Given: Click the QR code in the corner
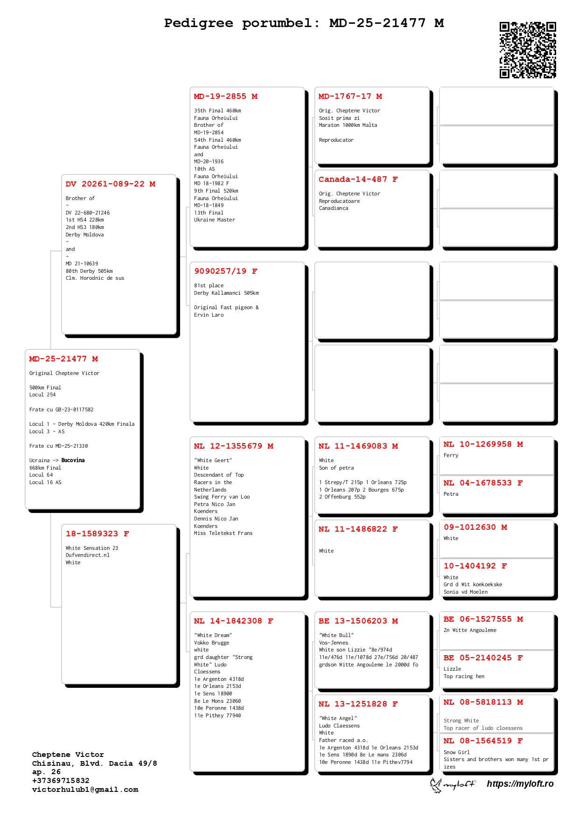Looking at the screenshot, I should (528, 50).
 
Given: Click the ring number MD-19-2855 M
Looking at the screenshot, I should (226, 97).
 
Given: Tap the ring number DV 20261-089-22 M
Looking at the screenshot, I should (111, 184).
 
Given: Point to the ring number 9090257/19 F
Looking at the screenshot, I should (226, 271).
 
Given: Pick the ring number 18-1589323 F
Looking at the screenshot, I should (97, 534).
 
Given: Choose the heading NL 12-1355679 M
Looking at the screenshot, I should (234, 446).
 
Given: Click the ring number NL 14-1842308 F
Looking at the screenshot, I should (234, 621).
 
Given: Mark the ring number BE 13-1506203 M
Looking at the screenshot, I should (358, 621).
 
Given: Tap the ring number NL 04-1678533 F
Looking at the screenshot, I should (483, 483).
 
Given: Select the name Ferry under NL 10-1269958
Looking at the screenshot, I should (451, 456).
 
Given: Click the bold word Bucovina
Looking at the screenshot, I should (73, 460).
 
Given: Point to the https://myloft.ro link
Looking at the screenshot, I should (520, 784).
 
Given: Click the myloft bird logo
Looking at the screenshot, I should (436, 785).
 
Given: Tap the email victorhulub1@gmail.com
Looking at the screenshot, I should (85, 790).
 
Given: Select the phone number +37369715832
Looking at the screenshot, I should (61, 781).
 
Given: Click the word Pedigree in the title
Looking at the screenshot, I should (198, 23).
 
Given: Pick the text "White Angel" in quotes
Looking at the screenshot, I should (338, 718).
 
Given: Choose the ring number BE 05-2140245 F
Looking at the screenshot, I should (483, 658).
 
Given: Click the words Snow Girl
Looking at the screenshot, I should (456, 752).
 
